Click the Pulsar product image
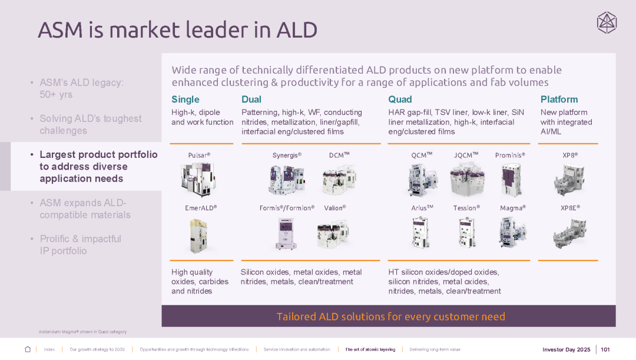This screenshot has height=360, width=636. [198, 179]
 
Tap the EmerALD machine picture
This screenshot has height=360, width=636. [198, 236]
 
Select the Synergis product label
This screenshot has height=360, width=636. [287, 156]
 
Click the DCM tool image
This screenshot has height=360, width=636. [339, 179]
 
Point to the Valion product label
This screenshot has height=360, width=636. [335, 208]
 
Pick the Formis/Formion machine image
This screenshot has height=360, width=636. [286, 233]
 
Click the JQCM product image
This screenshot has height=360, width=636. [466, 179]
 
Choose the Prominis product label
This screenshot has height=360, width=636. [510, 156]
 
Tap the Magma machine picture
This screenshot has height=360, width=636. [512, 232]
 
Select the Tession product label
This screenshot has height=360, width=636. [466, 208]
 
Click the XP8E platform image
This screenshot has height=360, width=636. [570, 233]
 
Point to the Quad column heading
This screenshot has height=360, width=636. [400, 100]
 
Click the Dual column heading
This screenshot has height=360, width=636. [251, 100]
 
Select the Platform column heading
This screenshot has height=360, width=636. [559, 100]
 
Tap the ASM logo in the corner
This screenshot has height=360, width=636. [607, 23]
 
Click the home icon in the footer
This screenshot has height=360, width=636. [28, 349]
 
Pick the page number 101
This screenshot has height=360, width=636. [605, 349]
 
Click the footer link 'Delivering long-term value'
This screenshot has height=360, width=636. [435, 349]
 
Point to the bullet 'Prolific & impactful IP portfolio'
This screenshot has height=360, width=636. [80, 245]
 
